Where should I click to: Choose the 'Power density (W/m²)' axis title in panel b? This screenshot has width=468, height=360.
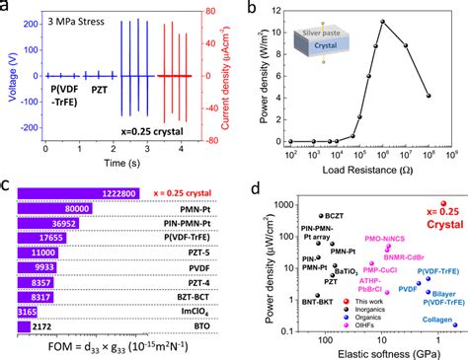[246, 74]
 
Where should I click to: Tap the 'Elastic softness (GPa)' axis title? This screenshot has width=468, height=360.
[371, 349]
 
